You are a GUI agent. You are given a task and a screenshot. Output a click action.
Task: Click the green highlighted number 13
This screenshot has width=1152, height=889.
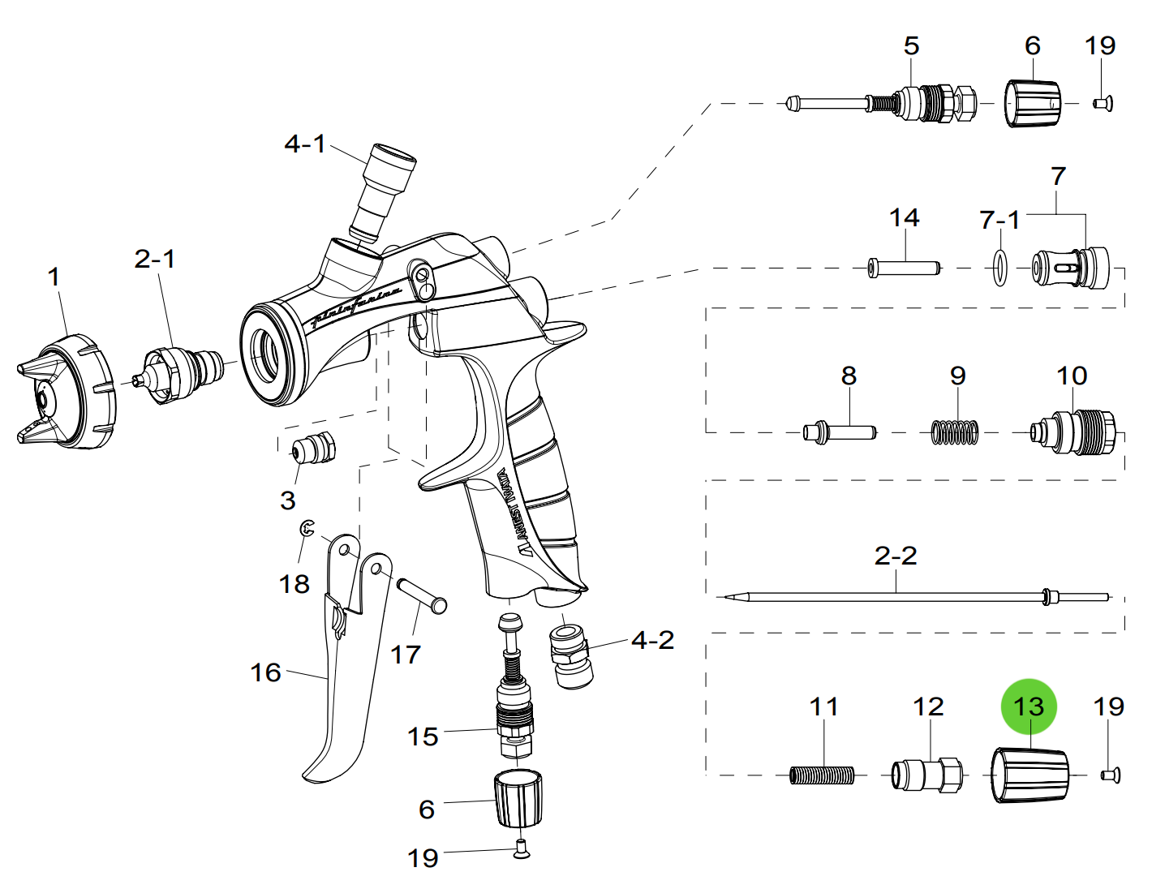tap(1029, 706)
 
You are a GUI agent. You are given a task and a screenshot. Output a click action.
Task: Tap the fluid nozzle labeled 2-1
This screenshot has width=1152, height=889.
tap(183, 372)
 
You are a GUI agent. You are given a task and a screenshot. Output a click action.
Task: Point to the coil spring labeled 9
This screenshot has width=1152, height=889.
tap(955, 432)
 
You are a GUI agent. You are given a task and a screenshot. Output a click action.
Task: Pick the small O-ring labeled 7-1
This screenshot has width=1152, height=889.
tap(1001, 268)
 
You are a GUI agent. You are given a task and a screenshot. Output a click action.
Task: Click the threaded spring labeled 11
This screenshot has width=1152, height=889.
tap(822, 775)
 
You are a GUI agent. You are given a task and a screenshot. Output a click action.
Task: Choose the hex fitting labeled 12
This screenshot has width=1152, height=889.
tap(927, 775)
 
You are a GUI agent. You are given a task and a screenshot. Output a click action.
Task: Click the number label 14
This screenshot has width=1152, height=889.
tap(904, 217)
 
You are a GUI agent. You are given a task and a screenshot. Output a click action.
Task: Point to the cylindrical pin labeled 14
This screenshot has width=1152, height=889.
tap(903, 268)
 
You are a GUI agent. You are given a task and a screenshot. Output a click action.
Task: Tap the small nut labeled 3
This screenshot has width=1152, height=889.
tap(313, 448)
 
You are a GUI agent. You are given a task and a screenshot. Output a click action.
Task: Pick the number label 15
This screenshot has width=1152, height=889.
tap(422, 737)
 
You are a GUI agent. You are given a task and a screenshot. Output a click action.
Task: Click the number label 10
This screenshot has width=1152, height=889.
tap(1071, 376)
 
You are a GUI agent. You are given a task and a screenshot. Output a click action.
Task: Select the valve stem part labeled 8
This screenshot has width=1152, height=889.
tap(840, 432)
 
